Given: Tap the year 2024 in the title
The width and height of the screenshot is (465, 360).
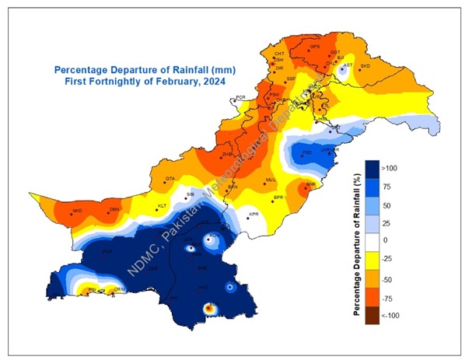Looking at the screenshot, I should click(219, 81).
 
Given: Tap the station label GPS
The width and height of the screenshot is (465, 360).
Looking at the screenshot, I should click(315, 47).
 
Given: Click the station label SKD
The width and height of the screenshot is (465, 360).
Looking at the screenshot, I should click(365, 67).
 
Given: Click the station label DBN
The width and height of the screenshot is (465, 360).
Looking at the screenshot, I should click(114, 210).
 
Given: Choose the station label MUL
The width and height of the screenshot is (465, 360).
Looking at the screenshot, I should click(271, 180).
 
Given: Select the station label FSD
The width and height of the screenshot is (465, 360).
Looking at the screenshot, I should click(307, 152).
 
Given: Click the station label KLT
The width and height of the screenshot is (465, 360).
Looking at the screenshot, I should click(163, 205).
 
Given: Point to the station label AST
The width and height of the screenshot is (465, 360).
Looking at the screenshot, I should click(348, 65).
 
